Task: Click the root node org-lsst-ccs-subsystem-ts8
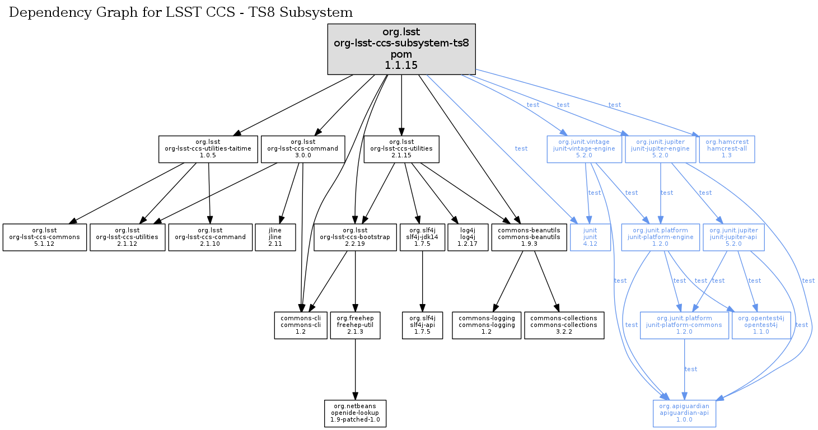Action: pyautogui.click(x=401, y=49)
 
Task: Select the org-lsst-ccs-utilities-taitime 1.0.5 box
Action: pyautogui.click(x=208, y=149)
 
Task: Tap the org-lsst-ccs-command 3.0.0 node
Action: pyautogui.click(x=302, y=149)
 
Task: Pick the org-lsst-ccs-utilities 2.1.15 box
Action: pyautogui.click(x=401, y=149)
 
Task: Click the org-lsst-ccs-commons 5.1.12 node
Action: pyautogui.click(x=45, y=237)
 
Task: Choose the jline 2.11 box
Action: pyautogui.click(x=275, y=237)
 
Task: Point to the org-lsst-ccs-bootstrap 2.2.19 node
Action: pyautogui.click(x=354, y=237)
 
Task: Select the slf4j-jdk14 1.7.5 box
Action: pyautogui.click(x=422, y=237)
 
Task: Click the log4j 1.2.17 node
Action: pyautogui.click(x=468, y=237)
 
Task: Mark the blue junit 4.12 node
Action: pyautogui.click(x=590, y=237)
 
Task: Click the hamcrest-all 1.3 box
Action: pyautogui.click(x=727, y=149)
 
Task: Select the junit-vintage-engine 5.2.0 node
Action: pyautogui.click(x=584, y=149)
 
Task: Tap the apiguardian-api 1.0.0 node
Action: pyautogui.click(x=685, y=413)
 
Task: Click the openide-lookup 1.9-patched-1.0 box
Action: pyautogui.click(x=355, y=413)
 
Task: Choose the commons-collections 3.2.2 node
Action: pyautogui.click(x=564, y=325)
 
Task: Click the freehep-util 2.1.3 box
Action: pyautogui.click(x=355, y=325)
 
